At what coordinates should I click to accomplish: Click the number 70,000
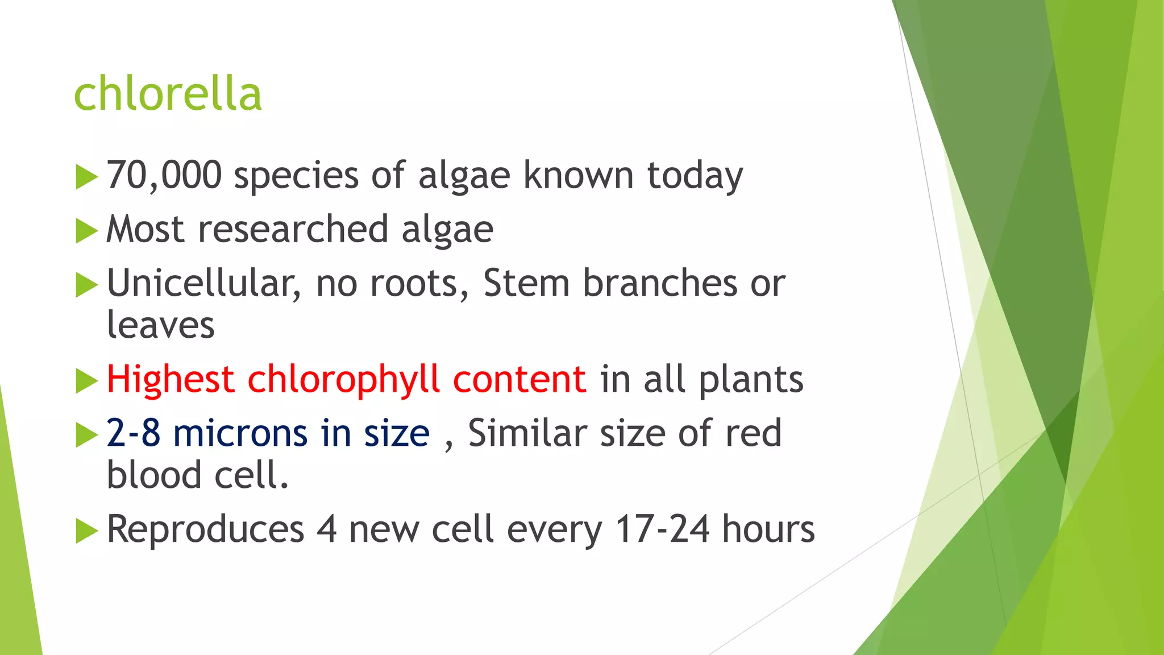click(x=164, y=175)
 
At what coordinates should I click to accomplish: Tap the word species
click(x=296, y=176)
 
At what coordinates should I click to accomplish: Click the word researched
click(x=293, y=229)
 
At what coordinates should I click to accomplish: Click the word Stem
click(x=526, y=283)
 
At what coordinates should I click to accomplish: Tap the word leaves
click(x=161, y=325)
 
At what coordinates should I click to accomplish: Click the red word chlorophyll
click(x=343, y=380)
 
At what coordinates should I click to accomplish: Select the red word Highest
click(x=171, y=380)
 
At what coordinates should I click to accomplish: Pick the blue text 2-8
click(x=133, y=433)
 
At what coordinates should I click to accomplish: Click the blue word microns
click(x=240, y=433)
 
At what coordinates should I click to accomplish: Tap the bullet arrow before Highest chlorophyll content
click(x=86, y=381)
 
